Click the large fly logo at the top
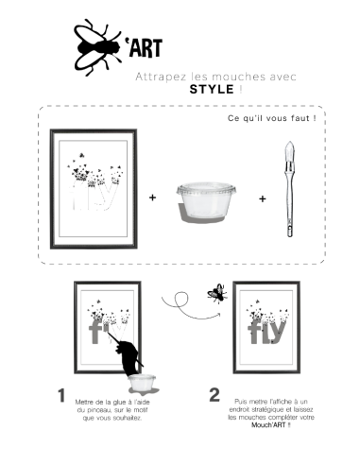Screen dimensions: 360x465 click(x=97, y=47)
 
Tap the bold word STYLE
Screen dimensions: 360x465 click(x=212, y=89)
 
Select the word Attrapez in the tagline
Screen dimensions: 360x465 click(x=154, y=77)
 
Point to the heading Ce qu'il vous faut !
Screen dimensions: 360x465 click(x=272, y=118)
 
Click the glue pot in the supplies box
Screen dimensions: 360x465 click(x=206, y=201)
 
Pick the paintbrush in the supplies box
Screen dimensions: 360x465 click(x=289, y=189)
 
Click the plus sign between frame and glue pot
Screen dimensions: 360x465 click(x=152, y=198)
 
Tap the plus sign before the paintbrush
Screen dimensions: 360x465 click(x=263, y=198)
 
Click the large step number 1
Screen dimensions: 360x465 click(x=61, y=395)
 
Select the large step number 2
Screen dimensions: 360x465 click(x=214, y=395)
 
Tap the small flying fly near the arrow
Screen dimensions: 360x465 click(x=217, y=294)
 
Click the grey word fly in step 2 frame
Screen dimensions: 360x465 click(x=266, y=332)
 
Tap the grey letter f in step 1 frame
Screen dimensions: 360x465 click(x=94, y=332)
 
